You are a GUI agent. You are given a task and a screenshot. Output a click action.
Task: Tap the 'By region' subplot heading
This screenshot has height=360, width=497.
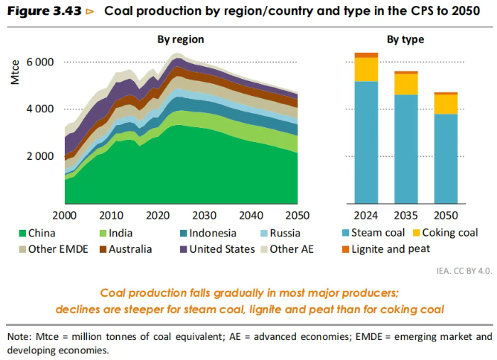click(180, 39)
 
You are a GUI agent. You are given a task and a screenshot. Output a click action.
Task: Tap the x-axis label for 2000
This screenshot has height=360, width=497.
click(65, 215)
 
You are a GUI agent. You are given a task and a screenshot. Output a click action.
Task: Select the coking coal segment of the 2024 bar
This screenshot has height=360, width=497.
click(366, 68)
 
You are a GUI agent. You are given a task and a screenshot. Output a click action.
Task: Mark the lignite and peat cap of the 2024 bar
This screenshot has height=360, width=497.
click(366, 55)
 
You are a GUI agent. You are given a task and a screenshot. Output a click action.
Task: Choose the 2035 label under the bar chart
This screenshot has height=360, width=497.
click(406, 215)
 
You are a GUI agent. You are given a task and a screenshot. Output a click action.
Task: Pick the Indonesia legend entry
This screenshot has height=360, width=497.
click(209, 233)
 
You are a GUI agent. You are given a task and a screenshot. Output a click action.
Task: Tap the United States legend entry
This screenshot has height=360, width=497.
click(219, 249)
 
